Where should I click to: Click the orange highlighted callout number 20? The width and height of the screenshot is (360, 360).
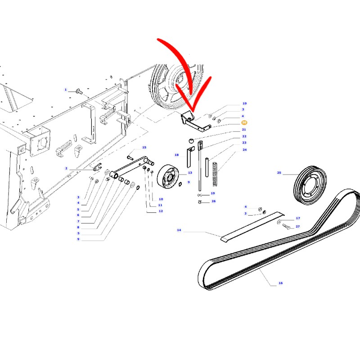244,122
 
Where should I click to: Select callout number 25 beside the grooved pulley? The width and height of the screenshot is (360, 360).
279,173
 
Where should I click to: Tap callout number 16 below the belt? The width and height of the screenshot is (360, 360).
280,283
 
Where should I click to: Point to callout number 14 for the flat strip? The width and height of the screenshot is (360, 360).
179,230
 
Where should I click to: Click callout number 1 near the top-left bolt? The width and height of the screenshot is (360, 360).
66,90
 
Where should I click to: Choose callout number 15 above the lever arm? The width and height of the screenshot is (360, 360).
144,148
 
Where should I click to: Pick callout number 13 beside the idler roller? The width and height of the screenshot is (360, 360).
190,173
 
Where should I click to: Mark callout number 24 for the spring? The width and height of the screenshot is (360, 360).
244,150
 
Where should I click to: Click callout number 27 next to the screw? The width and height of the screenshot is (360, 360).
298,226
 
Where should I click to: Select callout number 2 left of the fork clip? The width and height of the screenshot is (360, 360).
66,168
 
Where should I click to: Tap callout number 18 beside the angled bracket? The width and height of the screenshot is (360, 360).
176,155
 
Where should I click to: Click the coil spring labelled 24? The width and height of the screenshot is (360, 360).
215,174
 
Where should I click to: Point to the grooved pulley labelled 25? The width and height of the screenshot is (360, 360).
310,185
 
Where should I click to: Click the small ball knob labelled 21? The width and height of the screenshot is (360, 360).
191,140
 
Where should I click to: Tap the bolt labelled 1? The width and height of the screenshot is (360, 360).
79,92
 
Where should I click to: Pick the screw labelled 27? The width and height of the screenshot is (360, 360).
286,226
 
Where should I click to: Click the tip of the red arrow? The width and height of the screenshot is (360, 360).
193,112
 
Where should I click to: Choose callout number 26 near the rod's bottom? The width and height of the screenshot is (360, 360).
213,201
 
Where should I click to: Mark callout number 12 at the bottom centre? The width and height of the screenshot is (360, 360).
161,211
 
